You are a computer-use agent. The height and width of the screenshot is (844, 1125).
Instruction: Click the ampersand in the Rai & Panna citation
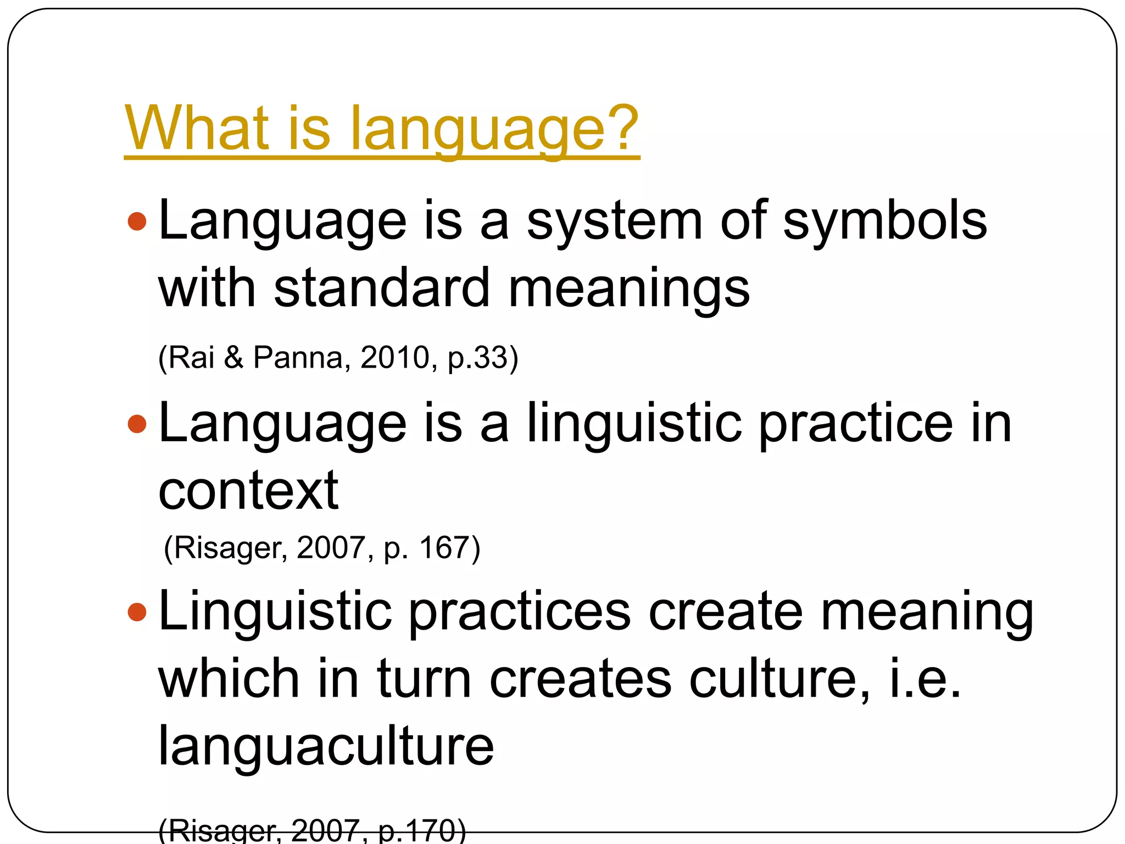pos(233,357)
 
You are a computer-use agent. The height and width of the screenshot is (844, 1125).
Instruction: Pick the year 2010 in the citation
pos(394,357)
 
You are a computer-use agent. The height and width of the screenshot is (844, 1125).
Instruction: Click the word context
pos(248,490)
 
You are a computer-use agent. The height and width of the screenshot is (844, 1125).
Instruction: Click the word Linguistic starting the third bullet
pos(275,612)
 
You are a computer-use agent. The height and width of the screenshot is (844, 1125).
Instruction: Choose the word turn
pos(424,679)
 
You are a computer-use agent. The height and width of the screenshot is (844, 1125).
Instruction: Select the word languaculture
pos(326,746)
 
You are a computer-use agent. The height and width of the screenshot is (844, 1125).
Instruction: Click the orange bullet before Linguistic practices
pos(137,612)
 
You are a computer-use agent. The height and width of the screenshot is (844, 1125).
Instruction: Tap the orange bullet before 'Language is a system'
pos(137,221)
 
